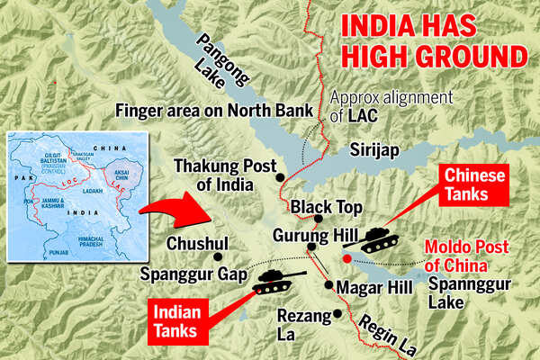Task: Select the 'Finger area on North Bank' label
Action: [215, 111]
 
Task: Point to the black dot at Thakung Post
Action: [281, 177]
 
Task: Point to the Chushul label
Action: [197, 243]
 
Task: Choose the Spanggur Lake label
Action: [459, 293]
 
